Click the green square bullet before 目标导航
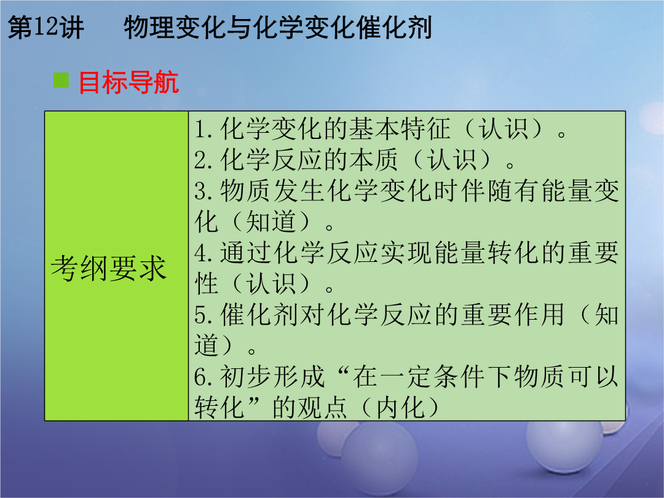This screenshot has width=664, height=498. pos(61,80)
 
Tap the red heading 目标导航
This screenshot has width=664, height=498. pos(128,82)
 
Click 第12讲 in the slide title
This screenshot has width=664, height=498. pos(45,28)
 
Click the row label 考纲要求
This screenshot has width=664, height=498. pos(108,269)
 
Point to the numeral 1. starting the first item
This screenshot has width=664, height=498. pos(205,129)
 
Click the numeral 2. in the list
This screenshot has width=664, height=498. pos(205,160)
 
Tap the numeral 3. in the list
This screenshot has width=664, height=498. pos(205,191)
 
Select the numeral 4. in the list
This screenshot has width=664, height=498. pos(205,253)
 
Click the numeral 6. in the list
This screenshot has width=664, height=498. pos(205,377)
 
